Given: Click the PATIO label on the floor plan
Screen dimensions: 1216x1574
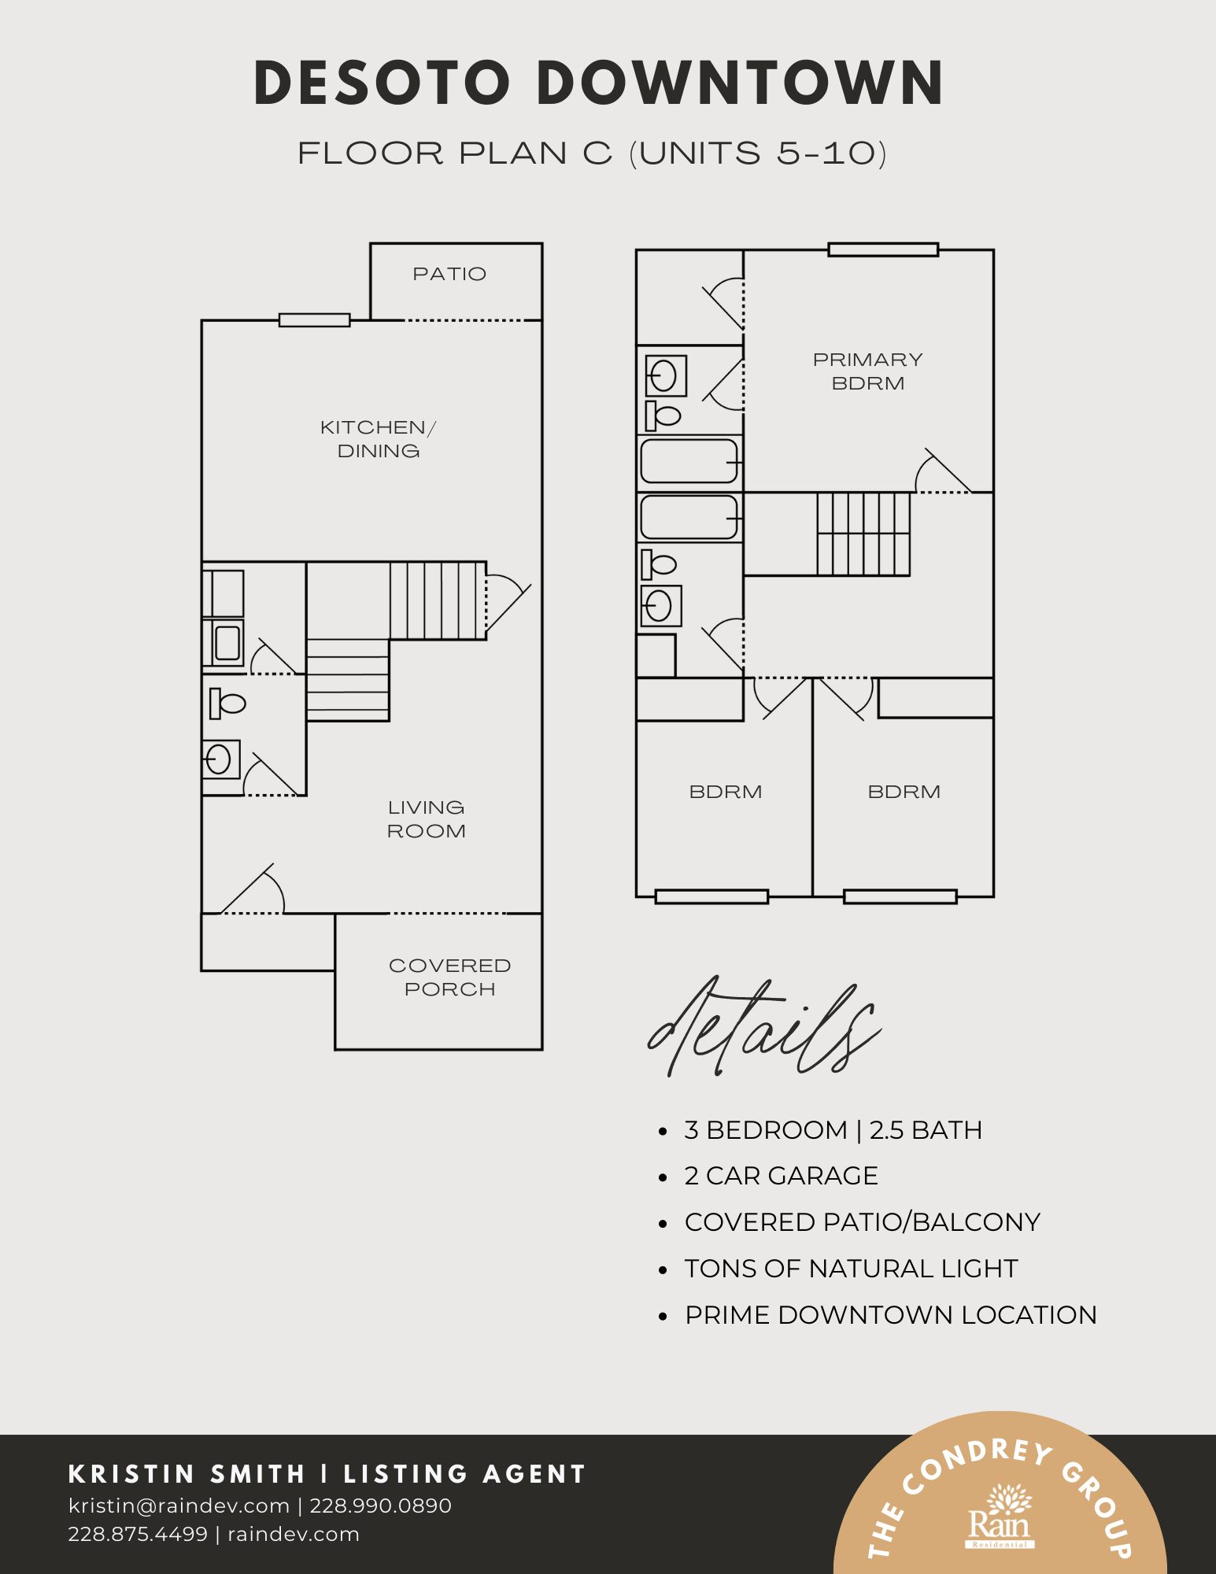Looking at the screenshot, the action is click(x=449, y=274).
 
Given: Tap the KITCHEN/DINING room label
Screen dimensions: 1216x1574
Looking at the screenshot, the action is click(x=378, y=439).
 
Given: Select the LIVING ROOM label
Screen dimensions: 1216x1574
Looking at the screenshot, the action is click(x=426, y=819).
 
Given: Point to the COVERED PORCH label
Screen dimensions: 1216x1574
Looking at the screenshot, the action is click(x=449, y=977).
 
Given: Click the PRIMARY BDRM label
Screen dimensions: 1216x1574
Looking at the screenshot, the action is click(x=867, y=371).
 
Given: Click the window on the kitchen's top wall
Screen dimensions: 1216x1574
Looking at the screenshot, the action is click(x=314, y=320).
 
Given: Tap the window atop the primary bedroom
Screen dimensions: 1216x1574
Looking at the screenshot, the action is click(x=883, y=249).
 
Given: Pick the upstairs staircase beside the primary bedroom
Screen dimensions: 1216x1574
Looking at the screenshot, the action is click(x=863, y=534).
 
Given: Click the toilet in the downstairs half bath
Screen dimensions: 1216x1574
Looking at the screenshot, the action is click(x=227, y=703).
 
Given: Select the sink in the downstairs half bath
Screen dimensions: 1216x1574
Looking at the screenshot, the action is click(x=221, y=759).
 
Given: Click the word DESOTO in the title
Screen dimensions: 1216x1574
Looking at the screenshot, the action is click(x=383, y=83).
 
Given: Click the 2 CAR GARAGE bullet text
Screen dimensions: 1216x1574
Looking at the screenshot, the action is click(x=781, y=1176).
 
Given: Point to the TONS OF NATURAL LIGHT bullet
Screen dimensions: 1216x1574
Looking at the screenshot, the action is click(x=851, y=1269).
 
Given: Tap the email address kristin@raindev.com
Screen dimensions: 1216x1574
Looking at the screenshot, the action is click(x=179, y=1506).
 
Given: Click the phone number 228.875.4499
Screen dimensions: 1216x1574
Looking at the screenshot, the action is click(x=138, y=1534).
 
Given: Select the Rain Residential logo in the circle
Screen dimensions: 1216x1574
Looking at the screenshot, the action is click(x=1000, y=1516).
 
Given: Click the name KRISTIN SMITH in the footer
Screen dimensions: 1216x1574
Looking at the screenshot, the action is click(x=187, y=1474).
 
